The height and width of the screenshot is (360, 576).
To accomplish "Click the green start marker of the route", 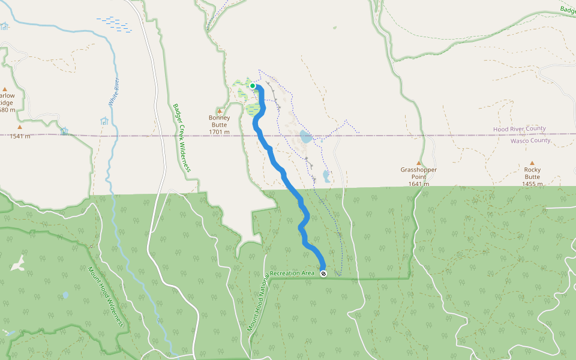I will click(x=253, y=86).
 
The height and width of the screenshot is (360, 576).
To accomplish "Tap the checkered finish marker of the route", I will click(x=324, y=274).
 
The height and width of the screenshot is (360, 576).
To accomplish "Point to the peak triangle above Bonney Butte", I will click(x=220, y=111).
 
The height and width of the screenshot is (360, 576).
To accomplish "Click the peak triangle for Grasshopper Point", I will click(x=419, y=163).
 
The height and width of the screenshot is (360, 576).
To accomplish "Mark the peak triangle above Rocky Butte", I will click(x=532, y=163).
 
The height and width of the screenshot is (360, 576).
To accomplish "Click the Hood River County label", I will click(x=520, y=129).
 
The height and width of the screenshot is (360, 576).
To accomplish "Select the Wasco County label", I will click(x=530, y=140).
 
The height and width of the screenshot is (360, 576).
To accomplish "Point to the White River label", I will click(x=113, y=92).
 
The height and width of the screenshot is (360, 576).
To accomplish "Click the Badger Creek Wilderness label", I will click(x=181, y=137).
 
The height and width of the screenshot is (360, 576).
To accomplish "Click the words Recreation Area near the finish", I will click(x=292, y=274).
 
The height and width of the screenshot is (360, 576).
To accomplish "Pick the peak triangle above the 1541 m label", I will click(x=19, y=127).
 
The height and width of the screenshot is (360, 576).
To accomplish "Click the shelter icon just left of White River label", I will click(x=104, y=121).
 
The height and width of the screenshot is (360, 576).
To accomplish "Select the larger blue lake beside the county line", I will click(x=306, y=137).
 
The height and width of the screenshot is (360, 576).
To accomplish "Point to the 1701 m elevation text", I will click(x=220, y=131).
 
